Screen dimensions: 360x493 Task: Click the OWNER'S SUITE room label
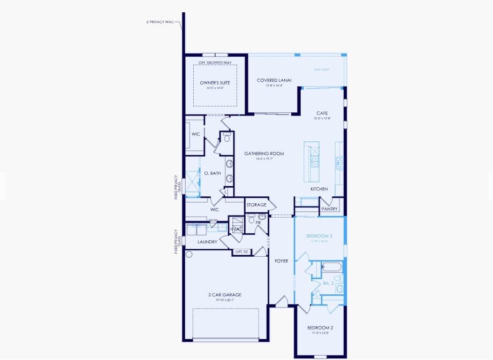(x=215, y=83)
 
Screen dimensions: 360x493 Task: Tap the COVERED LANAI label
(x=270, y=80)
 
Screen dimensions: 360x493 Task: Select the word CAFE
(x=322, y=113)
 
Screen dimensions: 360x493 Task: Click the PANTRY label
(x=330, y=209)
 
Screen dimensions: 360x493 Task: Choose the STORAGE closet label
(x=256, y=205)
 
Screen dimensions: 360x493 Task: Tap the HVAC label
(x=236, y=229)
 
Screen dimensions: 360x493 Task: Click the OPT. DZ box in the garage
(x=241, y=251)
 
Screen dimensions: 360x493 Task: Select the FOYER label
(x=281, y=261)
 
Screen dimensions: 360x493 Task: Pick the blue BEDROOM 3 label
(x=319, y=236)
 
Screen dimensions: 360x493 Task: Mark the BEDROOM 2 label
(x=320, y=327)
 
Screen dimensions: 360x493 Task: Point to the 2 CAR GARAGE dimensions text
(x=225, y=300)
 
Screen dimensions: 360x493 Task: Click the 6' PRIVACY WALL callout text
(x=161, y=22)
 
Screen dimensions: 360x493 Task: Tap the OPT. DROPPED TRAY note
(x=215, y=63)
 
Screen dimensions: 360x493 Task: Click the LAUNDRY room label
(x=207, y=242)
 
